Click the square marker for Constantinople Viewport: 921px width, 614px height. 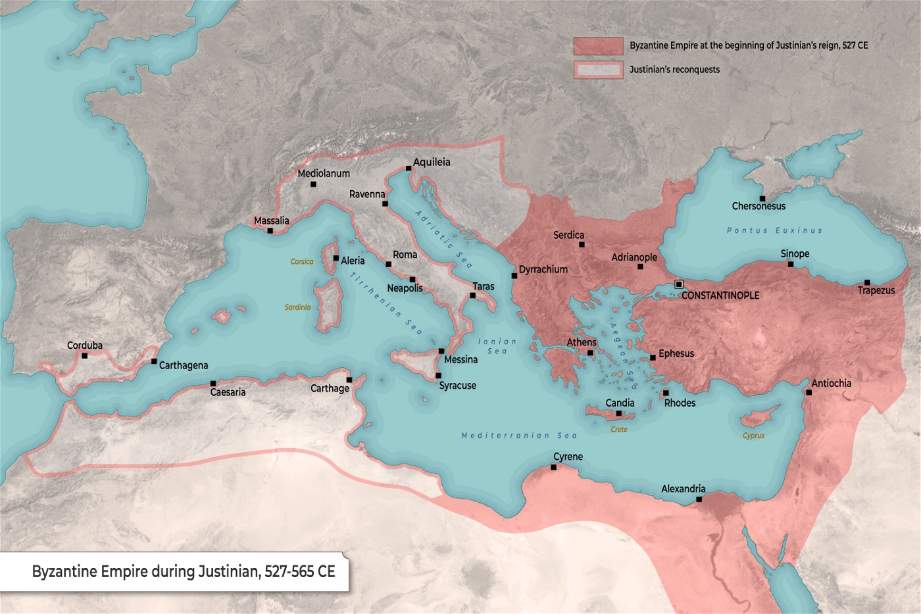679,284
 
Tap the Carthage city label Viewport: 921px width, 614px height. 330,388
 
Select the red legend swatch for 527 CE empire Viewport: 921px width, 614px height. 598,45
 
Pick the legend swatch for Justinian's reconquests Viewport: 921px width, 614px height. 598,70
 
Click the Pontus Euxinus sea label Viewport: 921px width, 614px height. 774,230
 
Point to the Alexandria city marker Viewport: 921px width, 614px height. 699,499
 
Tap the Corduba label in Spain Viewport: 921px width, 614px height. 85,345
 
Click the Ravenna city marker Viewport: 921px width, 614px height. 385,203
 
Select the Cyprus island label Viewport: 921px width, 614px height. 753,436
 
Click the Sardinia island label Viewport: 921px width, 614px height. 297,307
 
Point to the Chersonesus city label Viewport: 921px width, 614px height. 759,207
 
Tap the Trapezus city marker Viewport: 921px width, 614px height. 867,282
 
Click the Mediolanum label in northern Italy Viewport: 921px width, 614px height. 324,174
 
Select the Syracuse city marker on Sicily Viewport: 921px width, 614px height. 438,376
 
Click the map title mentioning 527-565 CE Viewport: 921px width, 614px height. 184,571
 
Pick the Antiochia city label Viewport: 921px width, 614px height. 831,383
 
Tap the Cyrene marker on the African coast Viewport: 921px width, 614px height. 553,467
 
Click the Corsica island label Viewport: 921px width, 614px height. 302,262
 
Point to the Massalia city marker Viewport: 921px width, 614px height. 270,230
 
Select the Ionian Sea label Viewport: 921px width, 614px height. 497,346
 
